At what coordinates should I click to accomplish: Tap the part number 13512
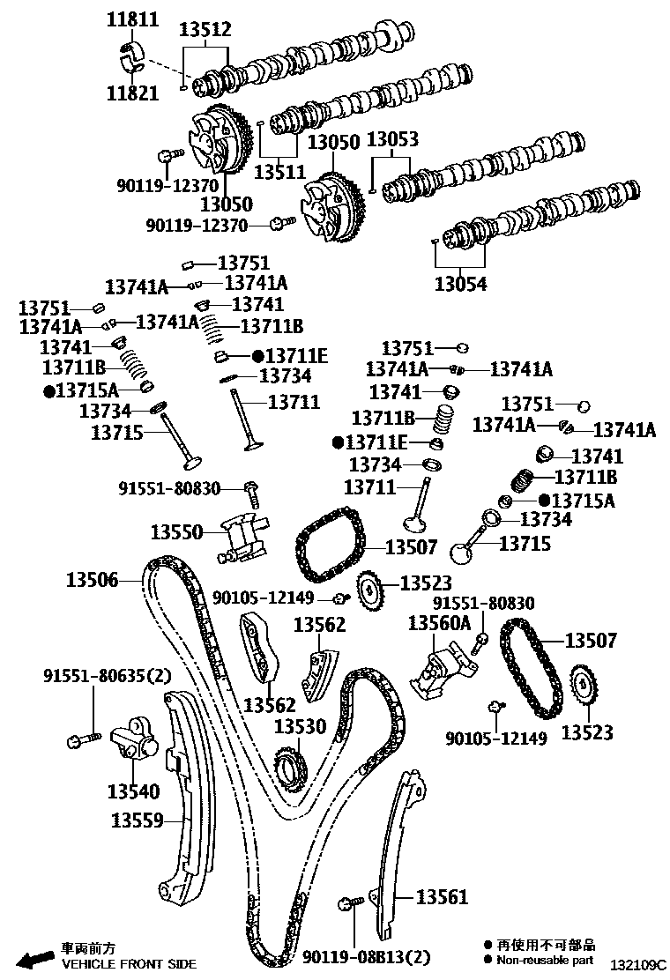pos(205,30)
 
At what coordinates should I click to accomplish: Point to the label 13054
pos(460,284)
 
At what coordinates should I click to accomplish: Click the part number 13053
pos(392,139)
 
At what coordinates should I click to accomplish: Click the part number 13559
pos(138,820)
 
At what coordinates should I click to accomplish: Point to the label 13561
pos(442,897)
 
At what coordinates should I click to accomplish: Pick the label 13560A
pos(439,623)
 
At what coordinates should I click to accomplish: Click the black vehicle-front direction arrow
pos(34,959)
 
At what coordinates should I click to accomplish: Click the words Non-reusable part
pos(546,960)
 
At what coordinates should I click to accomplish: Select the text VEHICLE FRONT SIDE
pos(129,964)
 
